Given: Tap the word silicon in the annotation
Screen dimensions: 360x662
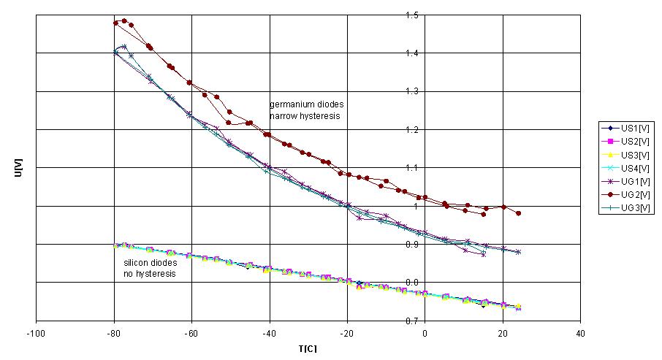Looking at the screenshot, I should click(135, 263).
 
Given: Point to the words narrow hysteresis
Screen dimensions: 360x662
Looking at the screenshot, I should click(305, 115).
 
